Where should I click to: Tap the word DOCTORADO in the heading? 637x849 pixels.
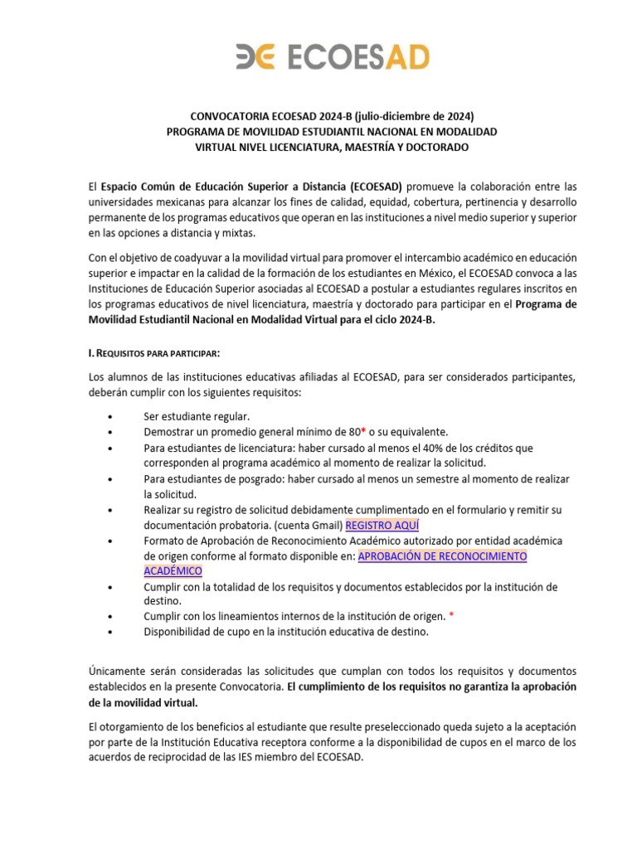pos(435,147)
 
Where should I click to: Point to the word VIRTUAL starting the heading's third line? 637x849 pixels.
pos(216,147)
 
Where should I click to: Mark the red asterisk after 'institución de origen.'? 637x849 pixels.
pos(451,616)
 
